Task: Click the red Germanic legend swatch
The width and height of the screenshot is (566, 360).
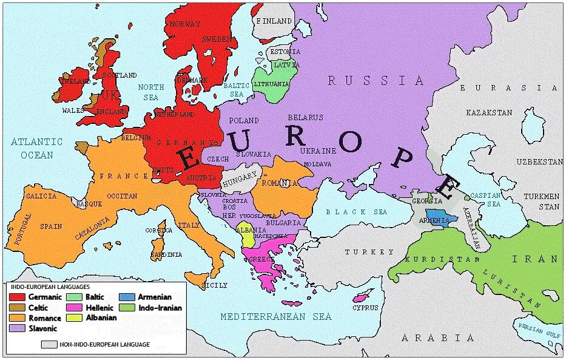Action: (17, 297)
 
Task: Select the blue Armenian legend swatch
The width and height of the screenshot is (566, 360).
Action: (128, 297)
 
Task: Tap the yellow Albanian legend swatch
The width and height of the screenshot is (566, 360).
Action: (74, 318)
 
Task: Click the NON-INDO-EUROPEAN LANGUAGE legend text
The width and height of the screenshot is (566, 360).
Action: (104, 345)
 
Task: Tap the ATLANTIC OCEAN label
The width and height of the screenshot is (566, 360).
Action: (37, 148)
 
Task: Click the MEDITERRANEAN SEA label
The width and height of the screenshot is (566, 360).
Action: (276, 317)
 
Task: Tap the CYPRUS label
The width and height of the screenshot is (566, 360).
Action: (365, 308)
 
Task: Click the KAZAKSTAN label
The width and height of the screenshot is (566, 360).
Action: (489, 112)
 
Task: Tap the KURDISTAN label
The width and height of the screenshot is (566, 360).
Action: (437, 259)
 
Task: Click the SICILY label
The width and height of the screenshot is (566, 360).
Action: (215, 285)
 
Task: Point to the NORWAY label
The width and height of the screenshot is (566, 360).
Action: (185, 24)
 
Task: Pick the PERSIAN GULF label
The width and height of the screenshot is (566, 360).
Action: (539, 329)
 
